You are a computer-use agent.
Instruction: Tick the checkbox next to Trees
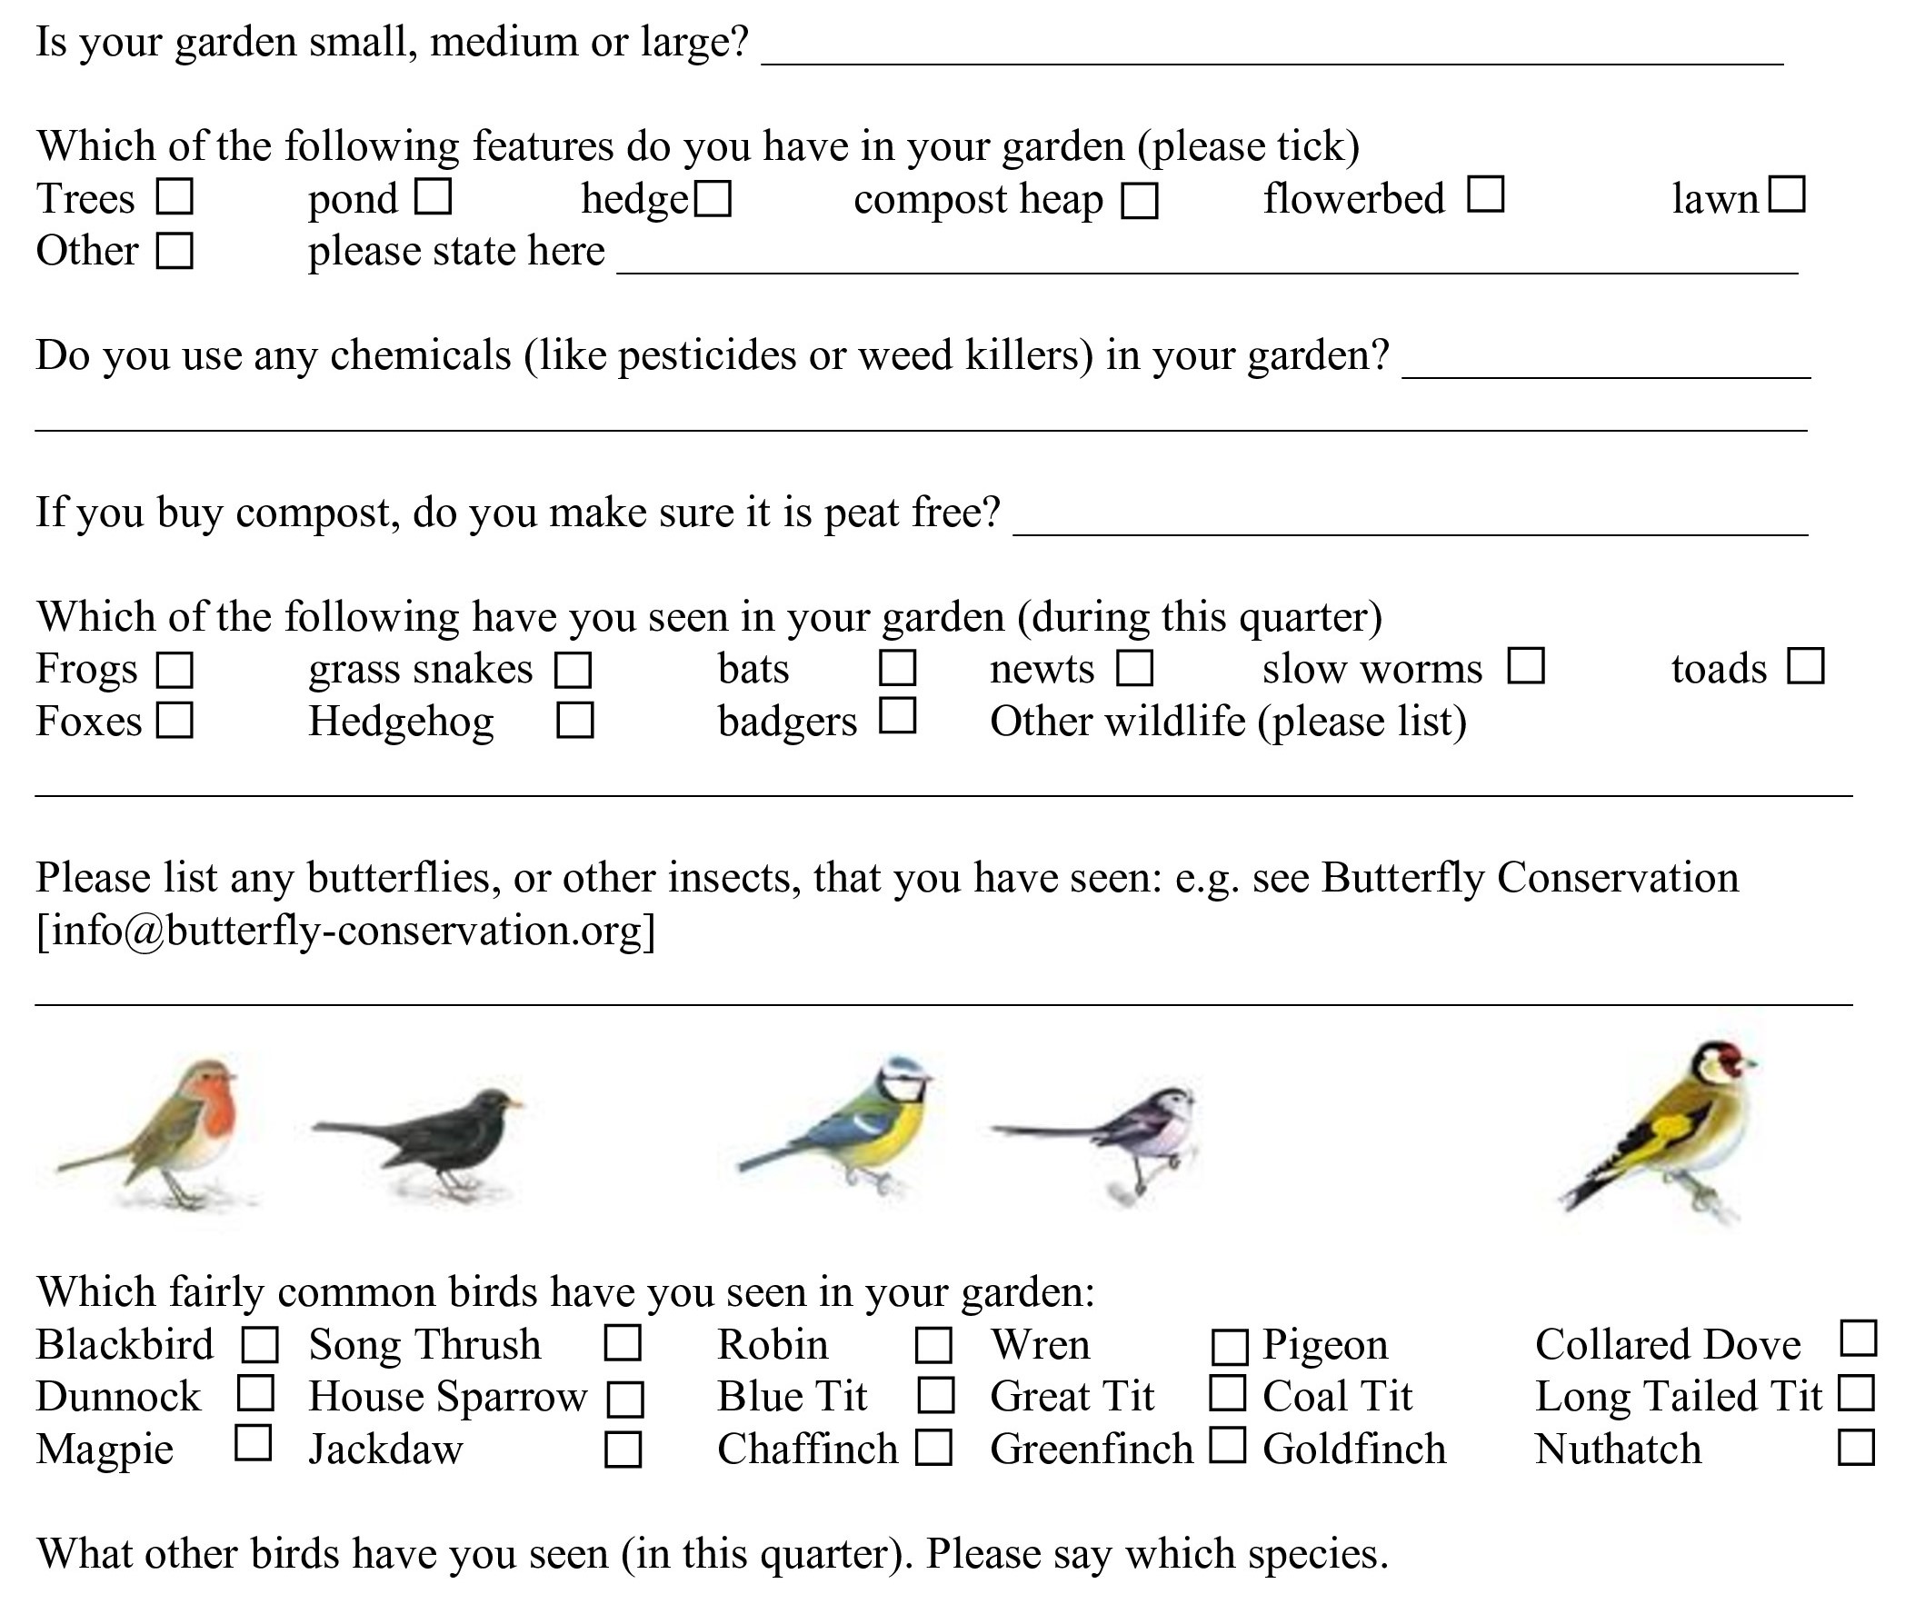pyautogui.click(x=174, y=196)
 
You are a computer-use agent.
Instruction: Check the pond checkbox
pyautogui.click(x=433, y=196)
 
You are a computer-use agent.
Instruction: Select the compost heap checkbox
pyautogui.click(x=1140, y=200)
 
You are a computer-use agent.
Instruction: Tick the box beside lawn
pyautogui.click(x=1787, y=194)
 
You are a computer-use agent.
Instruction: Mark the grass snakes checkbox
pyautogui.click(x=573, y=670)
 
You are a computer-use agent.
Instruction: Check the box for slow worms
pyautogui.click(x=1526, y=666)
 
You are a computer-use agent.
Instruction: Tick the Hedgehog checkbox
pyautogui.click(x=574, y=720)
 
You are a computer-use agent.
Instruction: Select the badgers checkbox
pyautogui.click(x=898, y=715)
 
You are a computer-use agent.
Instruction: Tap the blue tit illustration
pyautogui.click(x=851, y=1125)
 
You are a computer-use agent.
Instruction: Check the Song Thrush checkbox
pyautogui.click(x=623, y=1343)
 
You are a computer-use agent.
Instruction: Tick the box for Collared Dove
pyautogui.click(x=1859, y=1338)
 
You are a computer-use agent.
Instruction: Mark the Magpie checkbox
pyautogui.click(x=254, y=1443)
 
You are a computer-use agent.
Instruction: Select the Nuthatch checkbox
pyautogui.click(x=1857, y=1448)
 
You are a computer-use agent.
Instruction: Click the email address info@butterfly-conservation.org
pyautogui.click(x=346, y=931)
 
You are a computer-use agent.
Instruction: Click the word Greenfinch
pyautogui.click(x=1092, y=1450)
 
